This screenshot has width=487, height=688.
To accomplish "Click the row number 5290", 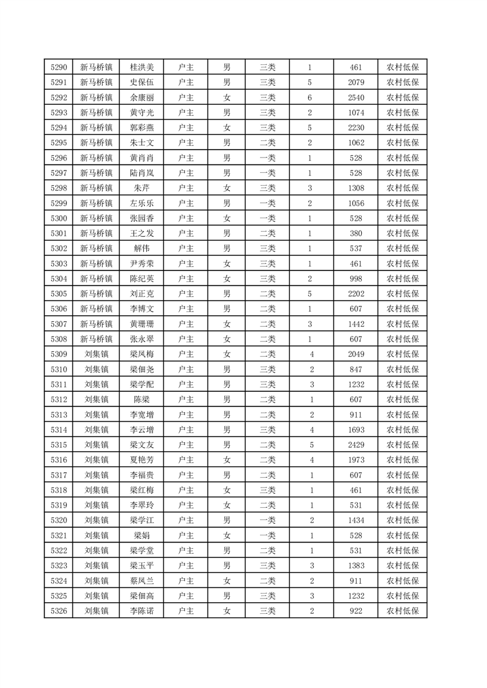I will coord(60,67).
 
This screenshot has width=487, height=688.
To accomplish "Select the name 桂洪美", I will coord(142,67).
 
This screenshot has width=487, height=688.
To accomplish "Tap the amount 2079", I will coord(356,82).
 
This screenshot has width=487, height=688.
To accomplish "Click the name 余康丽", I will coord(142,97).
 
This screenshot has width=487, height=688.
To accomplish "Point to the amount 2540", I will coord(356,97).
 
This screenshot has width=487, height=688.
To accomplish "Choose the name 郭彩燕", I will coord(142,128).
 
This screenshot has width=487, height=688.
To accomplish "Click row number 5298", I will coord(60,188).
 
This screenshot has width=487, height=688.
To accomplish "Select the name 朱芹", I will coord(142,188).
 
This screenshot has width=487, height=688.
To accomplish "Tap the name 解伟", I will coord(142,248).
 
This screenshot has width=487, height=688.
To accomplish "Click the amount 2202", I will coord(356,294).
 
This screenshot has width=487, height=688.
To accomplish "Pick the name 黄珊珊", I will coord(142,324).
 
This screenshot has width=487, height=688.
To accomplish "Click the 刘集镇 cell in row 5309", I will coord(96,354).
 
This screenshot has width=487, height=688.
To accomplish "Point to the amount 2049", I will coord(356,354).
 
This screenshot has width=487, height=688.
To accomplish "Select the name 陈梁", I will coord(142,399).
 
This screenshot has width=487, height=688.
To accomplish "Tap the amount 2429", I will coord(356,445).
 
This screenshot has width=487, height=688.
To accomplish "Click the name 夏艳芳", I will coord(142,459).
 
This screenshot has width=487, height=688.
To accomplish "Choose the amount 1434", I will coord(356,520).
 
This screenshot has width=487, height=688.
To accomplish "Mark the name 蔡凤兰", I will coord(142,580).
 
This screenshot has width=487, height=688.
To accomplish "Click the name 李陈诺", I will coord(142,611).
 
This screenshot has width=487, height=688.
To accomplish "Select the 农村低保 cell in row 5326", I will coord(402,611).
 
